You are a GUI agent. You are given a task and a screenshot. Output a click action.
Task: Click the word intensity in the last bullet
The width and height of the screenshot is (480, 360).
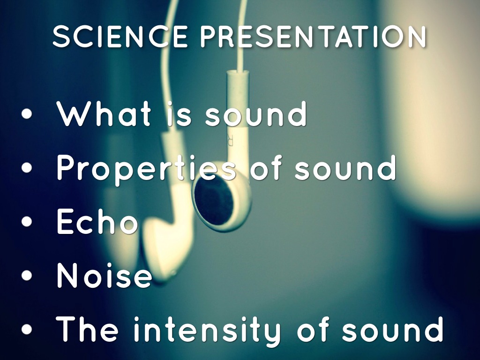(x=207, y=329)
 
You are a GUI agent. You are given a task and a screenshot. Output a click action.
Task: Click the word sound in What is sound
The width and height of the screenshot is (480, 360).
(x=256, y=114)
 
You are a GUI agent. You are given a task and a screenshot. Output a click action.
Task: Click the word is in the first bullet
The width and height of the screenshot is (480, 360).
(x=179, y=114)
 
